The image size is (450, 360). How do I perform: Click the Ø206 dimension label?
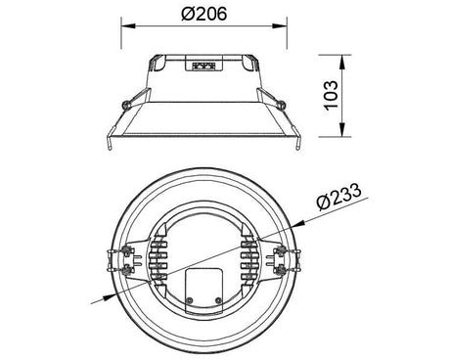coord(204,14)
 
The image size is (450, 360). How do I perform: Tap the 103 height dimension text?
coord(331,95)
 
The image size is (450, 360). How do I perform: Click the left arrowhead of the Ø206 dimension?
coord(128,26)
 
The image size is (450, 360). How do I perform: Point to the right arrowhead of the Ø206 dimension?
coord(280,26)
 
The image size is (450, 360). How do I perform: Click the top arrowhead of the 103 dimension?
coord(342,63)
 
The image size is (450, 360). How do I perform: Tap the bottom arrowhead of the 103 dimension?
coord(342,129)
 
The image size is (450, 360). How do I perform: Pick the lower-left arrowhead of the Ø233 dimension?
coord(110,296)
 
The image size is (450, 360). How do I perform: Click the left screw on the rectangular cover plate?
coord(189,300)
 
